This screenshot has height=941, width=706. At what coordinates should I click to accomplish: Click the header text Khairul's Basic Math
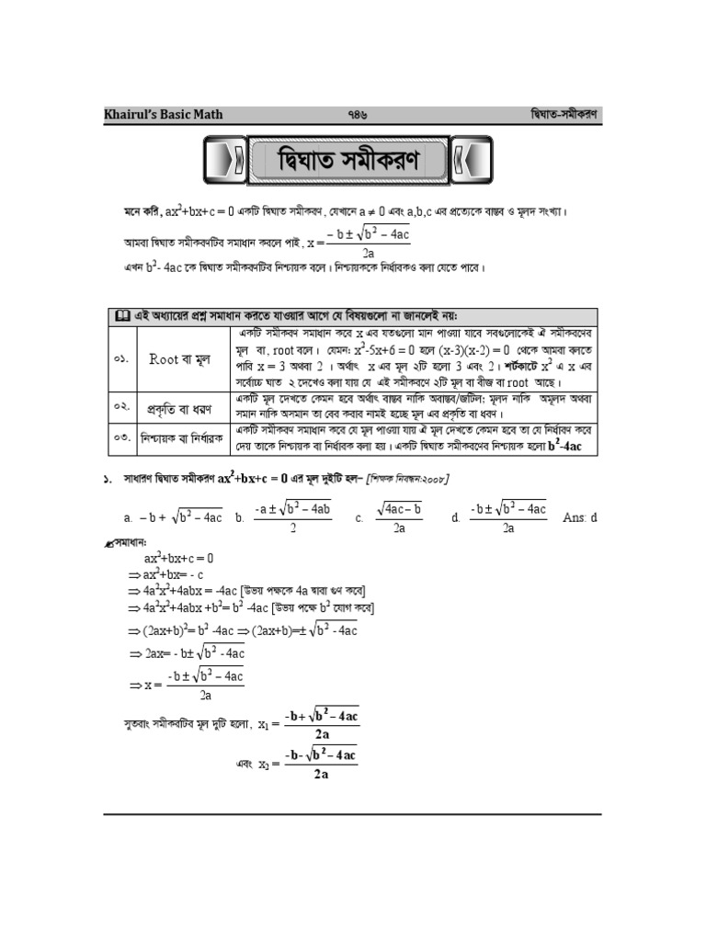[x=163, y=115]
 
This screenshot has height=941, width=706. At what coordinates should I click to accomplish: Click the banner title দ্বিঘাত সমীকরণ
[x=347, y=162]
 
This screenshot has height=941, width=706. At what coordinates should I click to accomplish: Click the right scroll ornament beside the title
[x=472, y=162]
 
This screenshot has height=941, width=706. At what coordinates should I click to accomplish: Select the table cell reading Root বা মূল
[x=182, y=359]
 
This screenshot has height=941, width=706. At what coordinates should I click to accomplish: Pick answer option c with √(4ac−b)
[x=392, y=517]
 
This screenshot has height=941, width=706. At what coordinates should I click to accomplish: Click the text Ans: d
[x=579, y=517]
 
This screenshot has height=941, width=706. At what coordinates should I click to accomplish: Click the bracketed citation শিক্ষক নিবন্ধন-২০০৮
[x=407, y=479]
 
